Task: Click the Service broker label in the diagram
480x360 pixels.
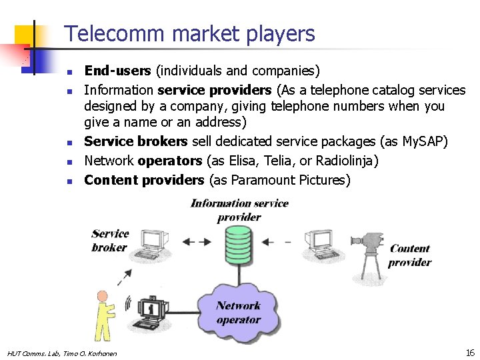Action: pyautogui.click(x=110, y=240)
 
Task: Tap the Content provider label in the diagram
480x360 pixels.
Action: pyautogui.click(x=409, y=255)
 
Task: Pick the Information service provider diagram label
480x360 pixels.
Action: pyautogui.click(x=239, y=210)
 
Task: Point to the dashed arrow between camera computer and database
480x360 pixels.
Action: pyautogui.click(x=279, y=241)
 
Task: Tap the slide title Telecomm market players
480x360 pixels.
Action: pyautogui.click(x=189, y=33)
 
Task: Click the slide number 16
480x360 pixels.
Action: pyautogui.click(x=469, y=352)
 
